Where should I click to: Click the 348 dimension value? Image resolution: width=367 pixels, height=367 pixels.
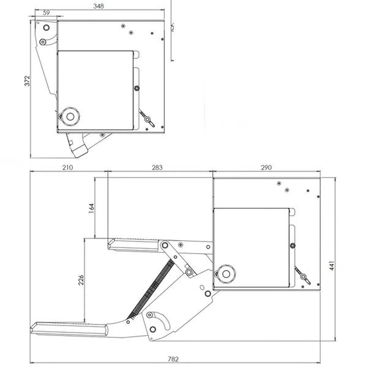coord(99,6)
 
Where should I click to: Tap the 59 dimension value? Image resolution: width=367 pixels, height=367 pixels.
coord(46,13)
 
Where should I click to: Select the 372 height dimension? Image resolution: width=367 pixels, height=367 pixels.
coord(28,81)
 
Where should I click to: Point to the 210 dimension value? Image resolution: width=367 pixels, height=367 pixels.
coord(68,167)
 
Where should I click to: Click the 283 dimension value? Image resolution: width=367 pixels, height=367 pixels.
coord(157,167)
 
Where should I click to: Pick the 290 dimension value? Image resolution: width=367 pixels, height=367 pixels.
coord(266,167)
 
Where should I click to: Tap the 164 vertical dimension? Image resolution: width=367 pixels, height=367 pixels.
coord(91,208)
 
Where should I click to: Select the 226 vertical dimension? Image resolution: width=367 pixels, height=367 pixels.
coord(81,280)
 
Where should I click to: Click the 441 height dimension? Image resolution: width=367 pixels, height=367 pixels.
coord(332,266)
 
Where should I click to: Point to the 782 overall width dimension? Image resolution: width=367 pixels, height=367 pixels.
coord(173,359)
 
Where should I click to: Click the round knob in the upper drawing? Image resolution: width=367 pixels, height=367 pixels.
coord(70,117)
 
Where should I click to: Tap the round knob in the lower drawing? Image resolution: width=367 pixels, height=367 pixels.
coord(226,274)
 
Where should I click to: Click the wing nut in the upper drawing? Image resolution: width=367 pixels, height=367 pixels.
coord(147,120)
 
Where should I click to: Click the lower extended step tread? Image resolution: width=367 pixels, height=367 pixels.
coord(69,329)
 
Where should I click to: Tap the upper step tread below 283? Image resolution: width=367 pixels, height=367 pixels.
coord(133,245)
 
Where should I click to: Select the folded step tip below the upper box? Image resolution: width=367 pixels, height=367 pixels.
coord(78,146)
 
